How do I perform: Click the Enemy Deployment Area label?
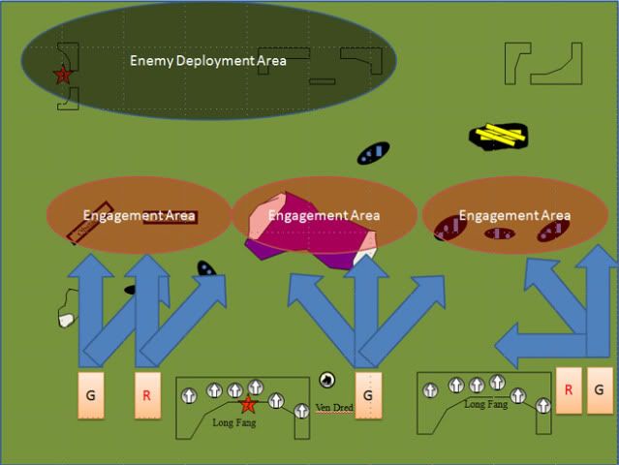(208, 61)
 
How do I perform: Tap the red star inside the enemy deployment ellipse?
(63, 75)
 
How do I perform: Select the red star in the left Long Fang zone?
(248, 405)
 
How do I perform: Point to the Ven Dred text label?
(334, 407)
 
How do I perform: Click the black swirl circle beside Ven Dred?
(327, 380)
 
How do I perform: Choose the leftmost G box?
(89, 394)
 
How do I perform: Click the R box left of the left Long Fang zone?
(147, 394)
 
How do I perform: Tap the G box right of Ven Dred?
(368, 394)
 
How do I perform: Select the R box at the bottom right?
(569, 389)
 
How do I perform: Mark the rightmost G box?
(600, 389)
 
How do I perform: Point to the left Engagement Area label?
(139, 216)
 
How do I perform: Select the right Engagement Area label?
(514, 215)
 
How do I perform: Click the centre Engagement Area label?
(324, 215)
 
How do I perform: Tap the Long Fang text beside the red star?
(233, 422)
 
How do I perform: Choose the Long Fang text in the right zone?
(486, 404)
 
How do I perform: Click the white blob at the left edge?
(66, 319)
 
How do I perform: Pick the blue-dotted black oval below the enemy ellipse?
(373, 153)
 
